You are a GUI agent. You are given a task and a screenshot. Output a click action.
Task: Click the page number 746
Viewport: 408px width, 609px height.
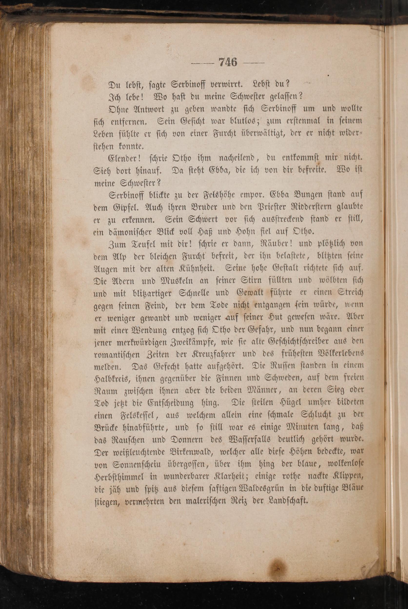(228, 63)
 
